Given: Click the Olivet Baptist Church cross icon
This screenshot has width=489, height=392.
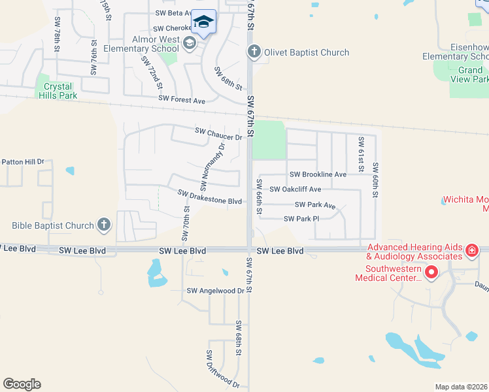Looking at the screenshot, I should click(x=254, y=52).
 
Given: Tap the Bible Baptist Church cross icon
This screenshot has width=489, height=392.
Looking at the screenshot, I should click(x=103, y=225).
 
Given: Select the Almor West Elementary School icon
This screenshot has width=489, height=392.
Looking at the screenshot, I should click(x=190, y=44).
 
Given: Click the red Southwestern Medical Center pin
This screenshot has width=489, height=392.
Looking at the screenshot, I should click(x=431, y=272).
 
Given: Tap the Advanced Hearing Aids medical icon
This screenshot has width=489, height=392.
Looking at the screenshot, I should click(x=472, y=251).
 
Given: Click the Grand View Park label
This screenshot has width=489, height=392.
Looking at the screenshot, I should click(x=470, y=74).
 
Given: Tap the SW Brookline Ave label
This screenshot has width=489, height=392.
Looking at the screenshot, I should click(x=318, y=174).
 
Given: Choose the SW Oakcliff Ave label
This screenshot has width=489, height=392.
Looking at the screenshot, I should click(x=295, y=189).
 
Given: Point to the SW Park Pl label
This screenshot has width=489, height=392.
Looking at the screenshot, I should click(x=301, y=218).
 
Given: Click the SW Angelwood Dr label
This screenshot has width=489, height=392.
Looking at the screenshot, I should click(x=215, y=291).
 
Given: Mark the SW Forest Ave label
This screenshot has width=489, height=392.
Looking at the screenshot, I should click(x=182, y=101).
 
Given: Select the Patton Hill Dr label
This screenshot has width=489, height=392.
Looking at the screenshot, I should click(x=22, y=161).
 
